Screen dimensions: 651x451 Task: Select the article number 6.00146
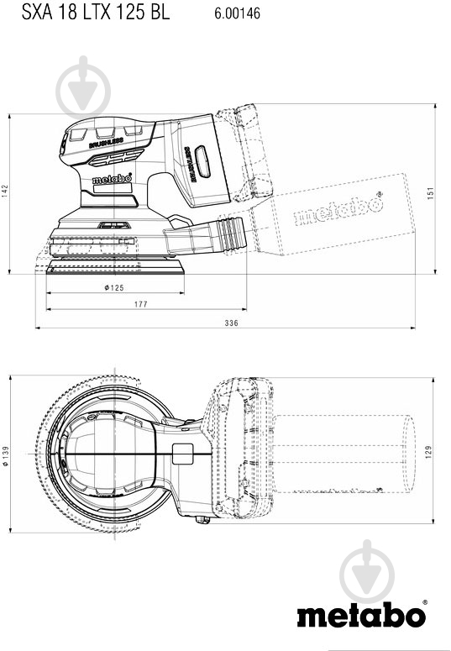point(238,13)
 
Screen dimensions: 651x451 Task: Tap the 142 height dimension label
point(6,191)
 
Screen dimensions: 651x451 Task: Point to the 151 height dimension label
point(431,192)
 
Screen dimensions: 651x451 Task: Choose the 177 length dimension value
point(140,305)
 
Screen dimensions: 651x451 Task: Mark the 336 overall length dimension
point(232,323)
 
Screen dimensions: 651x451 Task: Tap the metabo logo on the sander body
point(112,179)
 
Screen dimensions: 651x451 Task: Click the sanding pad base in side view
point(115,265)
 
